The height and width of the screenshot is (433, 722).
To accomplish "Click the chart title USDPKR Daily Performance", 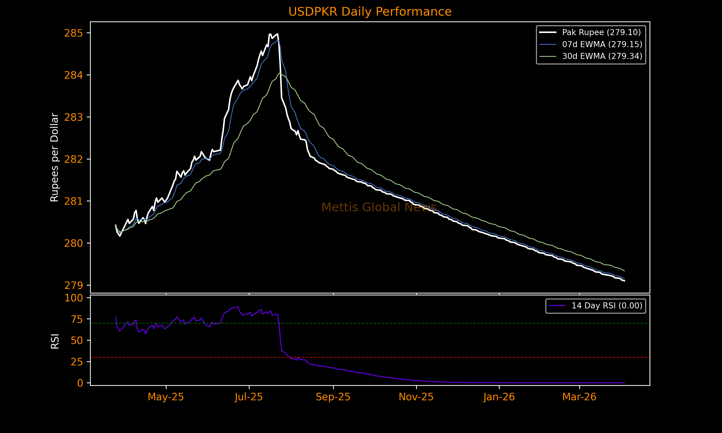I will [370, 12].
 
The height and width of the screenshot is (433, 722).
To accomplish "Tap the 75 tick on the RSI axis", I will [77, 319].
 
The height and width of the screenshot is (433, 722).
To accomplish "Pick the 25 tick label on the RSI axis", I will [77, 362].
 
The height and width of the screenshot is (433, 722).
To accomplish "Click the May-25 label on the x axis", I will [166, 397].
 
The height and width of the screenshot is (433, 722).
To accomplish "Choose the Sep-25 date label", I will [333, 397].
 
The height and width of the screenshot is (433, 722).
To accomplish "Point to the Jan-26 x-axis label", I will [499, 397].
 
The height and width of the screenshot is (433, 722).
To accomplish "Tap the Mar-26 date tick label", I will [579, 397].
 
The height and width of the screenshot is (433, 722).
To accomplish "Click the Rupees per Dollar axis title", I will [55, 157].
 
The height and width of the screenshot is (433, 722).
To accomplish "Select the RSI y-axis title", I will [55, 341].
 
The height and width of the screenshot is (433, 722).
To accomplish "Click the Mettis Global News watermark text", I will [379, 207].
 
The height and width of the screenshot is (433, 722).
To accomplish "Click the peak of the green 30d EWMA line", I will [280, 73].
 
